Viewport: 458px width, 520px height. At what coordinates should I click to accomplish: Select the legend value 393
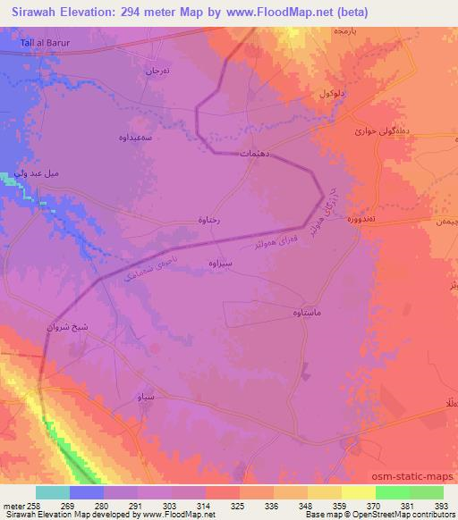click(443, 505)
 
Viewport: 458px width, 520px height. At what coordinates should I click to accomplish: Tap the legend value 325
click(238, 505)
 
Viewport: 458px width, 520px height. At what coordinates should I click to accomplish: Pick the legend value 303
click(171, 505)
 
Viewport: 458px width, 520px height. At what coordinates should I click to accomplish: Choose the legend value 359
click(341, 505)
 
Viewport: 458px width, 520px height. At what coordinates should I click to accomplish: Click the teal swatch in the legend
click(53, 491)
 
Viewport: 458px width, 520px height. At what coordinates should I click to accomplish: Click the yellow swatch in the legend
click(358, 491)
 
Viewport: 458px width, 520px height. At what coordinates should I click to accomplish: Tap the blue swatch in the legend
click(87, 491)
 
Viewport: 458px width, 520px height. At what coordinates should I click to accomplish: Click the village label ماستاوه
click(310, 312)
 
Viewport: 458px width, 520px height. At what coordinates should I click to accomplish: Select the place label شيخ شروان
click(66, 327)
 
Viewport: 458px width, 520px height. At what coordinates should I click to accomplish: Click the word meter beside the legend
click(14, 505)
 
